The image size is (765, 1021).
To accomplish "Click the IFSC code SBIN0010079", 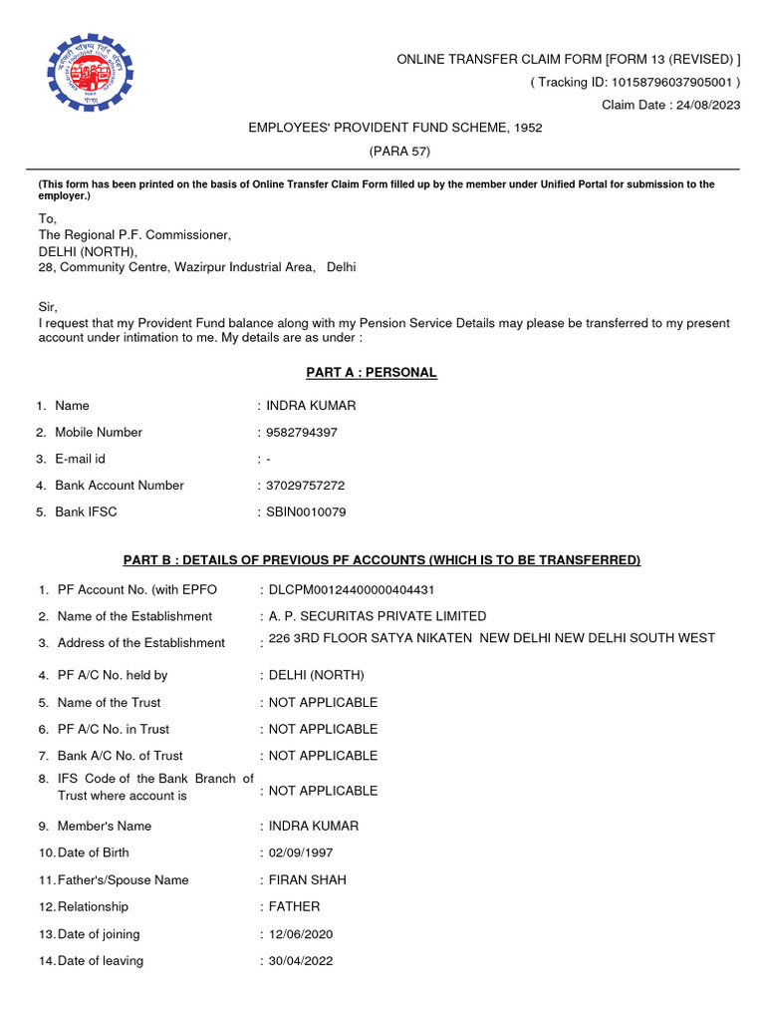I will coord(307,512).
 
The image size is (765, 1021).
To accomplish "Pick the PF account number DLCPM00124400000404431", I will coord(352,589).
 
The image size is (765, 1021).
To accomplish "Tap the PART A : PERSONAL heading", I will coord(371,373).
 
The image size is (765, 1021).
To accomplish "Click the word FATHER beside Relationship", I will coord(295,907).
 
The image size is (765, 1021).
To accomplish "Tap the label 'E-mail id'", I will coord(80,459).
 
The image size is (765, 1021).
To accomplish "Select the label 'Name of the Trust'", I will coord(109,703).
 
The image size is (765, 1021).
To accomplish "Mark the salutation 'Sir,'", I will coord(49,307).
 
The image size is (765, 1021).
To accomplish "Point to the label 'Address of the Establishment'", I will coord(140,643).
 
